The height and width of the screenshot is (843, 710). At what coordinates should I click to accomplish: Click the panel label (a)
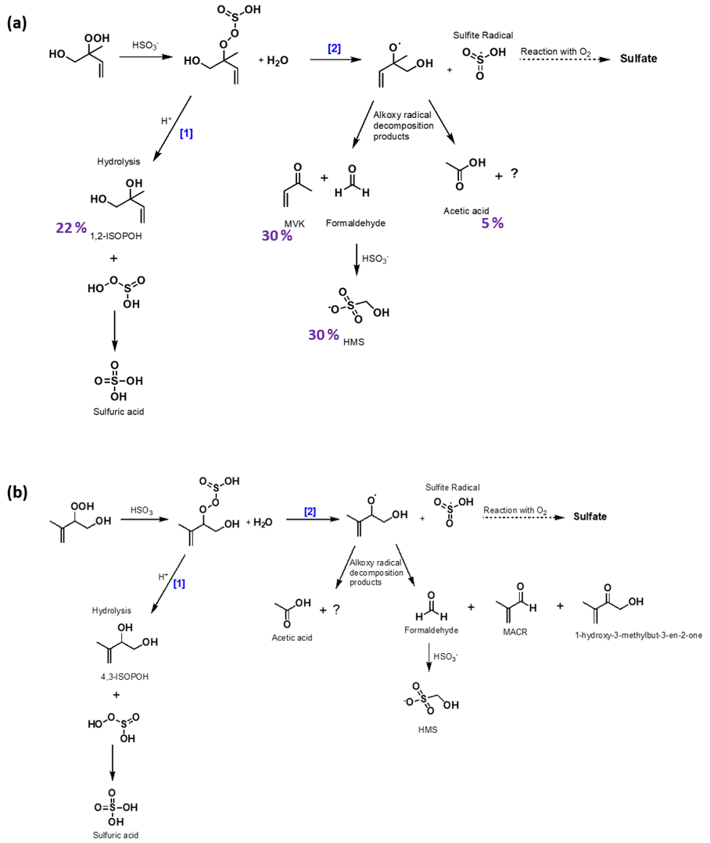(x=16, y=23)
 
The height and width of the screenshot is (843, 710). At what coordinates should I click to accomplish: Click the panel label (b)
(x=17, y=492)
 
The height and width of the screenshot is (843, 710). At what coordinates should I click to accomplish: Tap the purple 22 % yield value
(x=71, y=228)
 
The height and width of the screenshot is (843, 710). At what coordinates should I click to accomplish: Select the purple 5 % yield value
(x=492, y=223)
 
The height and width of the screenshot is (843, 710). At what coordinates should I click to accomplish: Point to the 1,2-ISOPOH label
(x=117, y=236)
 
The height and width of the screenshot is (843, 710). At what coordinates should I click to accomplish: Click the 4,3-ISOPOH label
(x=124, y=677)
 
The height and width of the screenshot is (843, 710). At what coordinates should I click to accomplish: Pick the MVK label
(x=295, y=223)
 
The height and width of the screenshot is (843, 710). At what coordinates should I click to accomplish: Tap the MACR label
(x=515, y=632)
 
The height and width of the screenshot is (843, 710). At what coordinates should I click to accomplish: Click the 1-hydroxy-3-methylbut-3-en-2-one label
(x=639, y=635)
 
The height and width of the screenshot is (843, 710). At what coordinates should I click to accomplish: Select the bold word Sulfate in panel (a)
(x=639, y=59)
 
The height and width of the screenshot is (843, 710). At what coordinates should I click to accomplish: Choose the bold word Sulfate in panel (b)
(x=590, y=516)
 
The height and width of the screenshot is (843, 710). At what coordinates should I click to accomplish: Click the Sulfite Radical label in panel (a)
(x=483, y=35)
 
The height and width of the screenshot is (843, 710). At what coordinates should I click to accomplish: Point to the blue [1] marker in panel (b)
(x=179, y=584)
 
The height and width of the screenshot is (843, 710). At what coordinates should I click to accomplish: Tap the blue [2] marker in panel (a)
(x=334, y=48)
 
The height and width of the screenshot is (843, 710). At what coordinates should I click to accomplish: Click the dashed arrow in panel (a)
(x=565, y=59)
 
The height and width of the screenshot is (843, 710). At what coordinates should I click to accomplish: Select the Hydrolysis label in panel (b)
(x=111, y=611)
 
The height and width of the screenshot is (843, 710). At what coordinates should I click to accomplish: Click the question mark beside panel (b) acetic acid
(x=336, y=609)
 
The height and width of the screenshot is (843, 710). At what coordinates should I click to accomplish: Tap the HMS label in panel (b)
(x=428, y=730)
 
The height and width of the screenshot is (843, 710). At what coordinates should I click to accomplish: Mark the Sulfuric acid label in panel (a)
(x=118, y=412)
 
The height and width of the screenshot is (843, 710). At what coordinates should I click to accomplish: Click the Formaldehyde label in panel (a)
(x=356, y=223)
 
